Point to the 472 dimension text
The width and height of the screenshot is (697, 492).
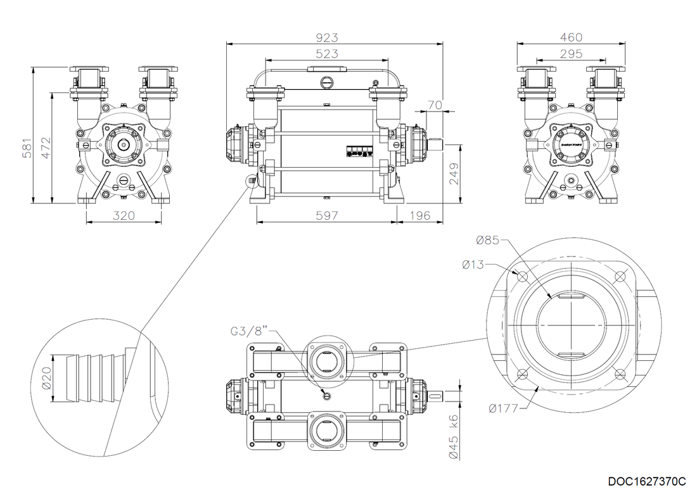point(43,149)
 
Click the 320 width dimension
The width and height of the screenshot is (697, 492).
point(124,215)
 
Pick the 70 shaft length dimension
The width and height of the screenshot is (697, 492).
point(435,104)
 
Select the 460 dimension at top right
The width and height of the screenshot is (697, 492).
point(571,37)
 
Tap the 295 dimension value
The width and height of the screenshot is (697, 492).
point(571,54)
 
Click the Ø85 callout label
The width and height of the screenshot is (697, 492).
point(488,240)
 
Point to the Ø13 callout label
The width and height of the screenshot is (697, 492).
point(473,264)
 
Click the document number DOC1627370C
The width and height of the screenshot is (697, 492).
point(647,481)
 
